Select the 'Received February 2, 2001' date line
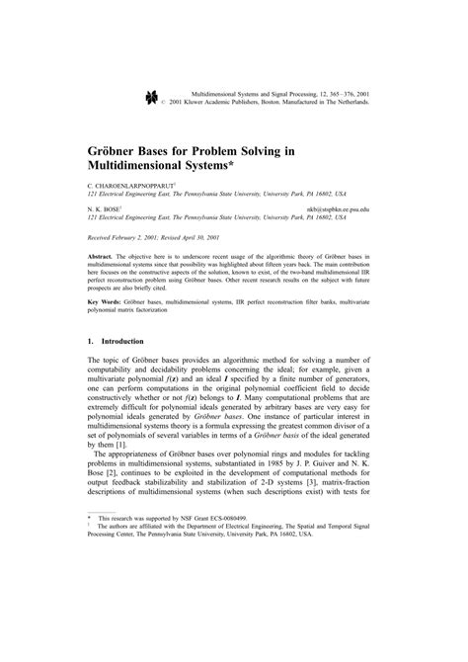tap(127, 238)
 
